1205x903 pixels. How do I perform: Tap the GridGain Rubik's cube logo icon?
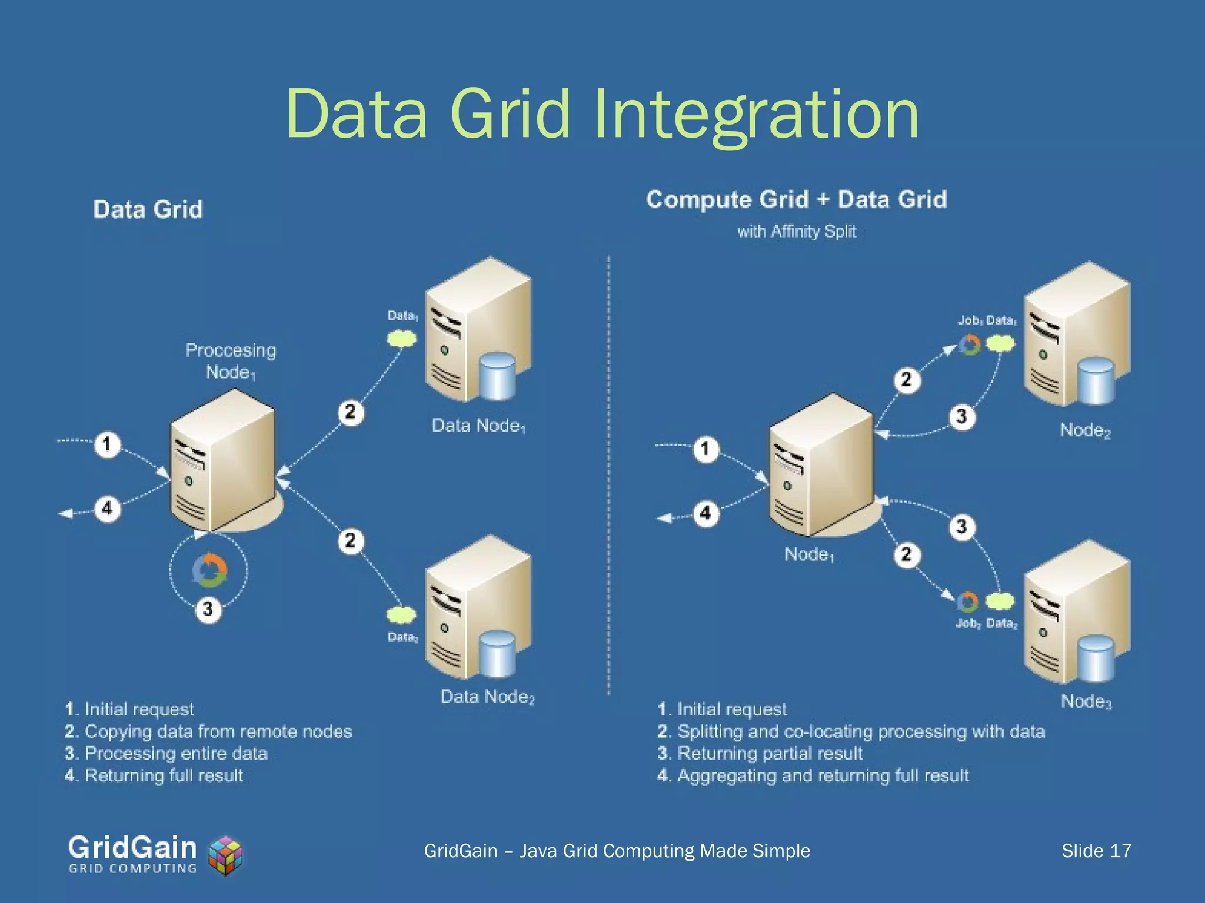point(226,855)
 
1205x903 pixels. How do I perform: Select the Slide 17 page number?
point(1096,851)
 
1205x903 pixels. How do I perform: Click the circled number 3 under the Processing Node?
point(208,609)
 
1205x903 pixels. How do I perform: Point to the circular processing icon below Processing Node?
point(209,570)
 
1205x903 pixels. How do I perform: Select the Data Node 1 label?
point(478,426)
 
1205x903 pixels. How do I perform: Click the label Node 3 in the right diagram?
point(1086,701)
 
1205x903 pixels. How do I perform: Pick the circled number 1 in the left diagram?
point(107,444)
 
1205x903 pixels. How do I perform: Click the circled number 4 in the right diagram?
point(705,513)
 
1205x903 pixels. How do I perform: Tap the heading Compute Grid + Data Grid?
point(797,200)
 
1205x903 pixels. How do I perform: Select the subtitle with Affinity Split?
point(797,232)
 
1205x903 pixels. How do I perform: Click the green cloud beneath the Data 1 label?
point(402,338)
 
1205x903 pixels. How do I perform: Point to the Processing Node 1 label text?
point(230,361)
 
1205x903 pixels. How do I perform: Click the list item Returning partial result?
point(769,753)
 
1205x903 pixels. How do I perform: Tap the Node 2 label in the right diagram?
point(1085,430)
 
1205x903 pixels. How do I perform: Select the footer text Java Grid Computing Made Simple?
point(664,851)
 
